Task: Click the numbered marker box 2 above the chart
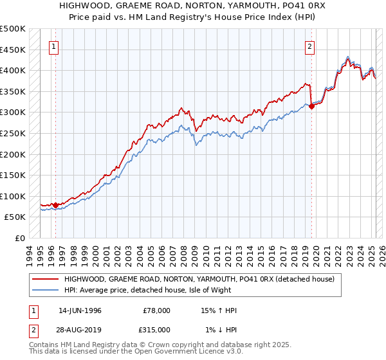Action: coord(310,46)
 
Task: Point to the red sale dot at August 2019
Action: coord(311,106)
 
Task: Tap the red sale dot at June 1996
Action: coord(56,206)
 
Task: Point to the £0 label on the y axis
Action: coord(20,238)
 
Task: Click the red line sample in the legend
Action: coord(46,280)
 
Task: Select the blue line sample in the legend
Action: coord(46,291)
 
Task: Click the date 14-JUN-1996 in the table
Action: coord(80,310)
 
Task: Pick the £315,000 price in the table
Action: coord(156,329)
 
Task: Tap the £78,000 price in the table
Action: coord(156,310)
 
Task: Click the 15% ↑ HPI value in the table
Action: coord(219,310)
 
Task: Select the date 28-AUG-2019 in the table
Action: coord(80,329)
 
